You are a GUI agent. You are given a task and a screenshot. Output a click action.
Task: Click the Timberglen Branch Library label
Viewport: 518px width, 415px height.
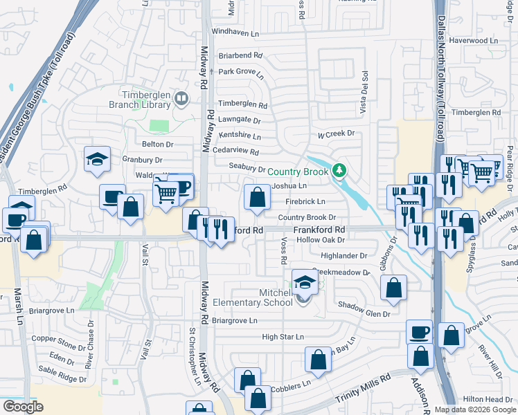(139, 100)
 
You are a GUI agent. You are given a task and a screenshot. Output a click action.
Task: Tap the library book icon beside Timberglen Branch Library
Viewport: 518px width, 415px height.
(181, 100)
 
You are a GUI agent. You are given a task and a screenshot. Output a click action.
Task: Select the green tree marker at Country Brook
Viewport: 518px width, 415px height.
(338, 170)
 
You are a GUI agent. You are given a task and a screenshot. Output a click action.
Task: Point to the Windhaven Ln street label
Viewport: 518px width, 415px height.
(235, 33)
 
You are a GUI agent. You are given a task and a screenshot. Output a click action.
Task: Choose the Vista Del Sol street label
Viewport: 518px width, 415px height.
(362, 93)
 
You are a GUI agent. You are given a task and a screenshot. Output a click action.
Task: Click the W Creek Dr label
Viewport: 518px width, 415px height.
(336, 133)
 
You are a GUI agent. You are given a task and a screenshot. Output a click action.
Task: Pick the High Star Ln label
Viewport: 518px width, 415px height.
(283, 337)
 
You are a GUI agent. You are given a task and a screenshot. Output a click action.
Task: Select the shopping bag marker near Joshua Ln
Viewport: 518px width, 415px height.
(257, 198)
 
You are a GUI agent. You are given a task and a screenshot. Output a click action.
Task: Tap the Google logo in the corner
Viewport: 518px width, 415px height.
(23, 407)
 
